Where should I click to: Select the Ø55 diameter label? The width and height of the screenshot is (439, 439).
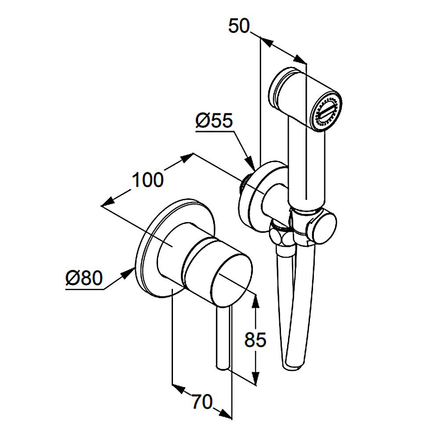[x=214, y=121]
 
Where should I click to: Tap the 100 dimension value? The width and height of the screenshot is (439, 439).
[x=148, y=180]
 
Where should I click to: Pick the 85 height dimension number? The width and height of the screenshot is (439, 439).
[x=255, y=340]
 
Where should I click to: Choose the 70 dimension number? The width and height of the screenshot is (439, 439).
[x=202, y=402]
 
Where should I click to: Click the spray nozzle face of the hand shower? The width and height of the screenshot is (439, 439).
[x=327, y=112]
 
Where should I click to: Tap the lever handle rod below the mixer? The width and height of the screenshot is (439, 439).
[x=223, y=337]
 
